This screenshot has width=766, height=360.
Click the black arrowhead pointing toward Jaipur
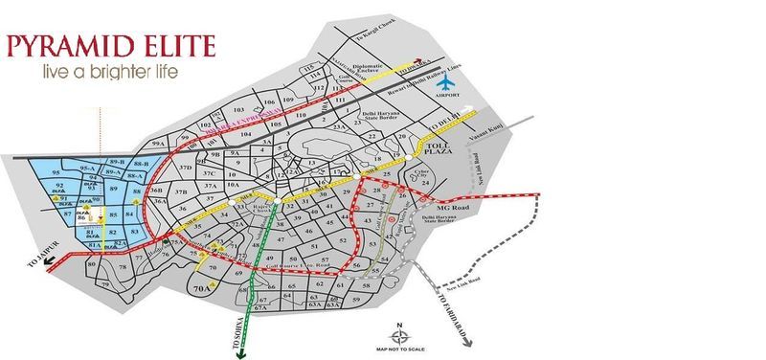[x=23, y=272]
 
